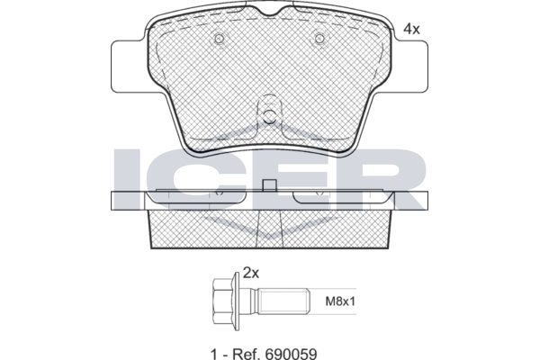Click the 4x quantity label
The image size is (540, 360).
pyautogui.click(x=411, y=30)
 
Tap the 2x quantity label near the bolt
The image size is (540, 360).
pyautogui.click(x=251, y=274)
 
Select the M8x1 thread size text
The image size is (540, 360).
pyautogui.click(x=340, y=301)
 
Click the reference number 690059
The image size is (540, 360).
pyautogui.click(x=291, y=354)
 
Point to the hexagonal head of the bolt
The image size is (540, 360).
pyautogui.click(x=223, y=301)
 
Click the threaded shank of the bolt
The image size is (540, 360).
pyautogui.click(x=284, y=301)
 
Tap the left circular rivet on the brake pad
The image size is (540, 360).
pyautogui.click(x=220, y=39)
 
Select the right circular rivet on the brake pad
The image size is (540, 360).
pyautogui.click(x=319, y=39)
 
